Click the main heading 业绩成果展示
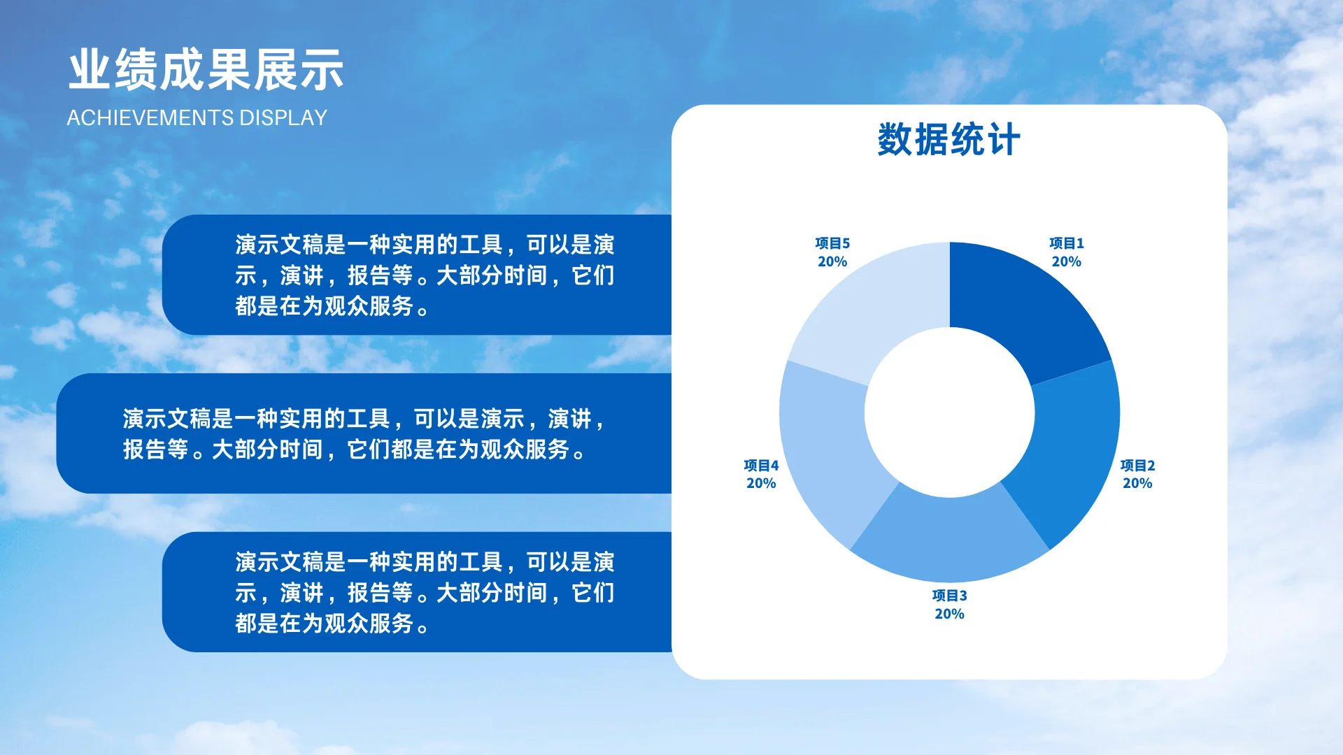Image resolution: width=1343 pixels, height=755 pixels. pyautogui.click(x=206, y=70)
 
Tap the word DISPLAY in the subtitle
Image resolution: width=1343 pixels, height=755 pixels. pyautogui.click(x=283, y=117)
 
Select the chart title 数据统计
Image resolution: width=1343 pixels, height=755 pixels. pyautogui.click(x=948, y=139)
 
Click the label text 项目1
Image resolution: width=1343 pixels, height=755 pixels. pyautogui.click(x=1066, y=243)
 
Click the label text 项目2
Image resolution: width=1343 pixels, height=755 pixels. pyautogui.click(x=1137, y=466)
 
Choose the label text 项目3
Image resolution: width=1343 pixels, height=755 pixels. pyautogui.click(x=949, y=596)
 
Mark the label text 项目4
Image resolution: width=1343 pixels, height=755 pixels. pyautogui.click(x=761, y=466)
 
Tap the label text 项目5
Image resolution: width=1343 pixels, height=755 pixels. pyautogui.click(x=832, y=243)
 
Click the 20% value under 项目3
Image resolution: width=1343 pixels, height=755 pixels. pyautogui.click(x=949, y=614)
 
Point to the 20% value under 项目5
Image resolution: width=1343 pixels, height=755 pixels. pyautogui.click(x=832, y=261)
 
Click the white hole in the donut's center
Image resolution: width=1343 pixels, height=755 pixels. pyautogui.click(x=949, y=412)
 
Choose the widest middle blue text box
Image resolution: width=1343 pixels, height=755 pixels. pyautogui.click(x=364, y=433)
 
